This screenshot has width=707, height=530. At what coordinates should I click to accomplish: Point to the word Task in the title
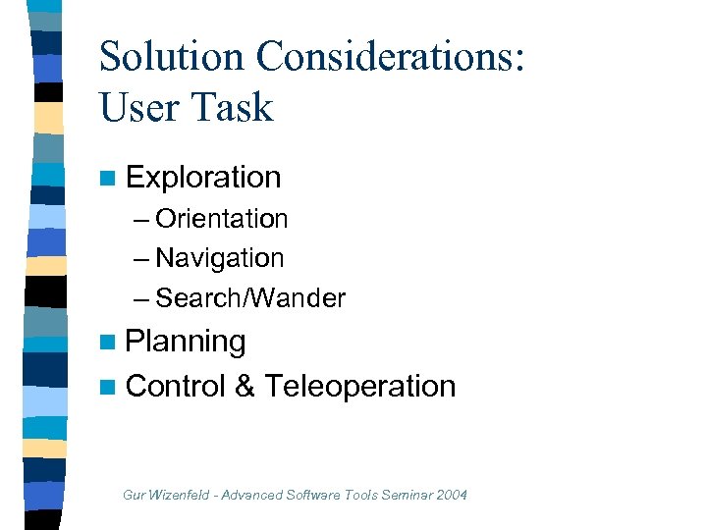(x=236, y=106)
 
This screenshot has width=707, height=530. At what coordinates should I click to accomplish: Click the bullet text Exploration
(x=203, y=178)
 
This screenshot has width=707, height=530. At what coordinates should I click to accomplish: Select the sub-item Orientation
(x=221, y=219)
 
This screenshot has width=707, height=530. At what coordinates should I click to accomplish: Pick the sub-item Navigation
(x=219, y=258)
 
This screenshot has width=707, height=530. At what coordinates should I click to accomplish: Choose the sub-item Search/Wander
(x=250, y=298)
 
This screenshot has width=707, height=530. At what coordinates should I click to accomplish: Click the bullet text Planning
(x=186, y=342)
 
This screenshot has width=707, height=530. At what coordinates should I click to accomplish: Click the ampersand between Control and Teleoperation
(x=245, y=386)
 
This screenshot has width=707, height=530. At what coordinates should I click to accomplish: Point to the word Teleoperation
(x=360, y=386)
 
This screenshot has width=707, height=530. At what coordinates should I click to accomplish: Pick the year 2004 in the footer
(x=451, y=495)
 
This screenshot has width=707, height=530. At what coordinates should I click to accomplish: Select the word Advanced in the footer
(x=253, y=495)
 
